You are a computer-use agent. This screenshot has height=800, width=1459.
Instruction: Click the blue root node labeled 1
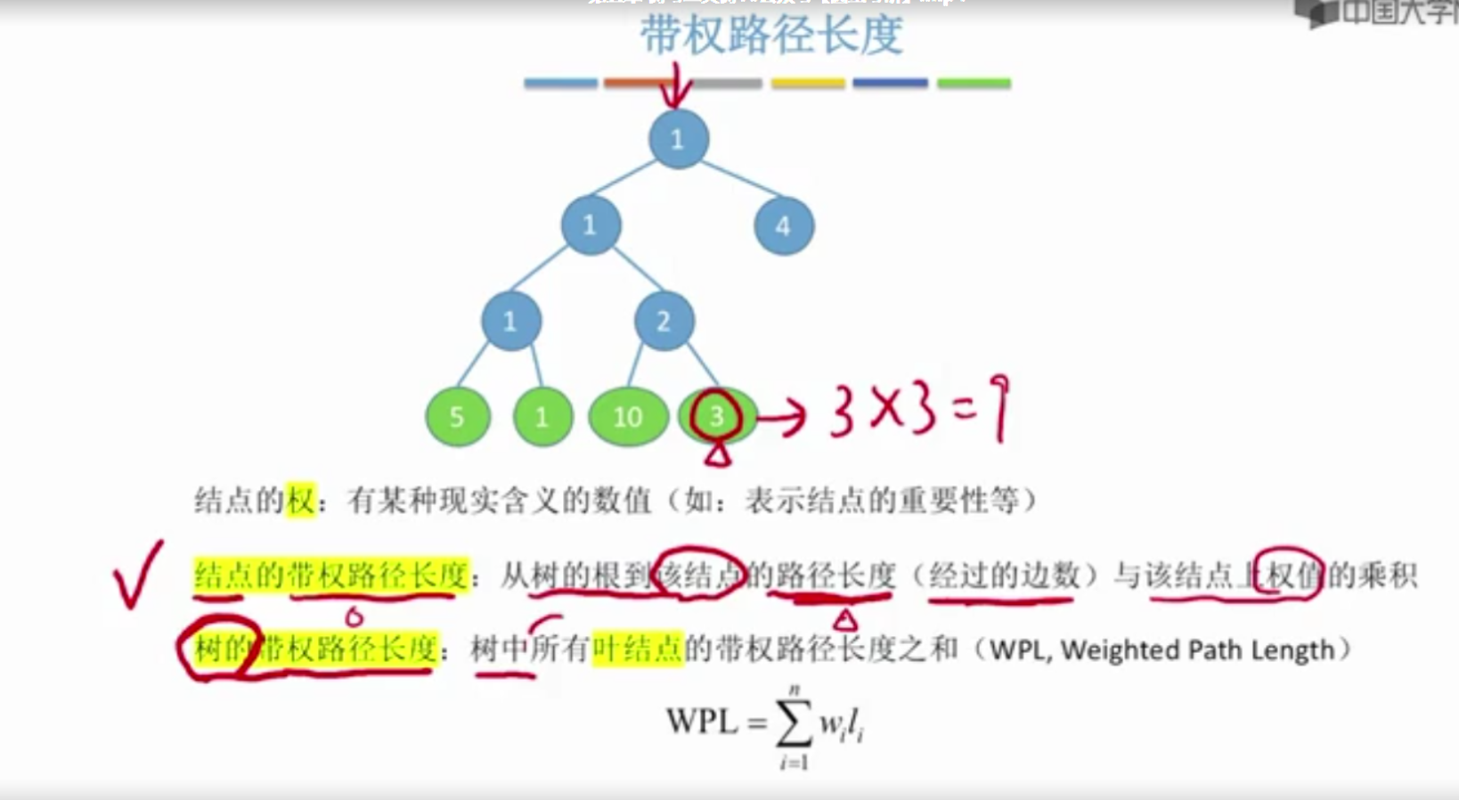pos(678,139)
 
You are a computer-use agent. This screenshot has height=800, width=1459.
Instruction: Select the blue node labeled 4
pos(784,226)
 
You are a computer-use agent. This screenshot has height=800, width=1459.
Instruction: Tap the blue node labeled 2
pos(664,321)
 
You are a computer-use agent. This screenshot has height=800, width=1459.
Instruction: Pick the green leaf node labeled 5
pos(457,416)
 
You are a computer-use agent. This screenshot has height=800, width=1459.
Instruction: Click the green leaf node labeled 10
pos(628,416)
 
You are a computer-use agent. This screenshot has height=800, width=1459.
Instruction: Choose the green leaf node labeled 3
pos(717,415)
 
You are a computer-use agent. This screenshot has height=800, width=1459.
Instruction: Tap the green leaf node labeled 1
pos(542,416)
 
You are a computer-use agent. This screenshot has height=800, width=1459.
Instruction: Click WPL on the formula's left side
pos(702,721)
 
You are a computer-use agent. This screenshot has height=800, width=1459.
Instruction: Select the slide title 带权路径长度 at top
pos(771,36)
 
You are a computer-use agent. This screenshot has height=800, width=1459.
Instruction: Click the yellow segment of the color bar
pos(808,84)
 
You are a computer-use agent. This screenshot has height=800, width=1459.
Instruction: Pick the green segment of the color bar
pos(974,84)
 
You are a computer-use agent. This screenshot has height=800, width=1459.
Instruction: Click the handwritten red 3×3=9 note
pos(917,410)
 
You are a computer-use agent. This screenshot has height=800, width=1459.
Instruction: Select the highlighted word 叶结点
pos(638,649)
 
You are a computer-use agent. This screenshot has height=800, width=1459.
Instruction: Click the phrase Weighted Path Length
pos(1197,650)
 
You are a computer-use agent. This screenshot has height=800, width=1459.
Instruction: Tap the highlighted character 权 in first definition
pos(301,501)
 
